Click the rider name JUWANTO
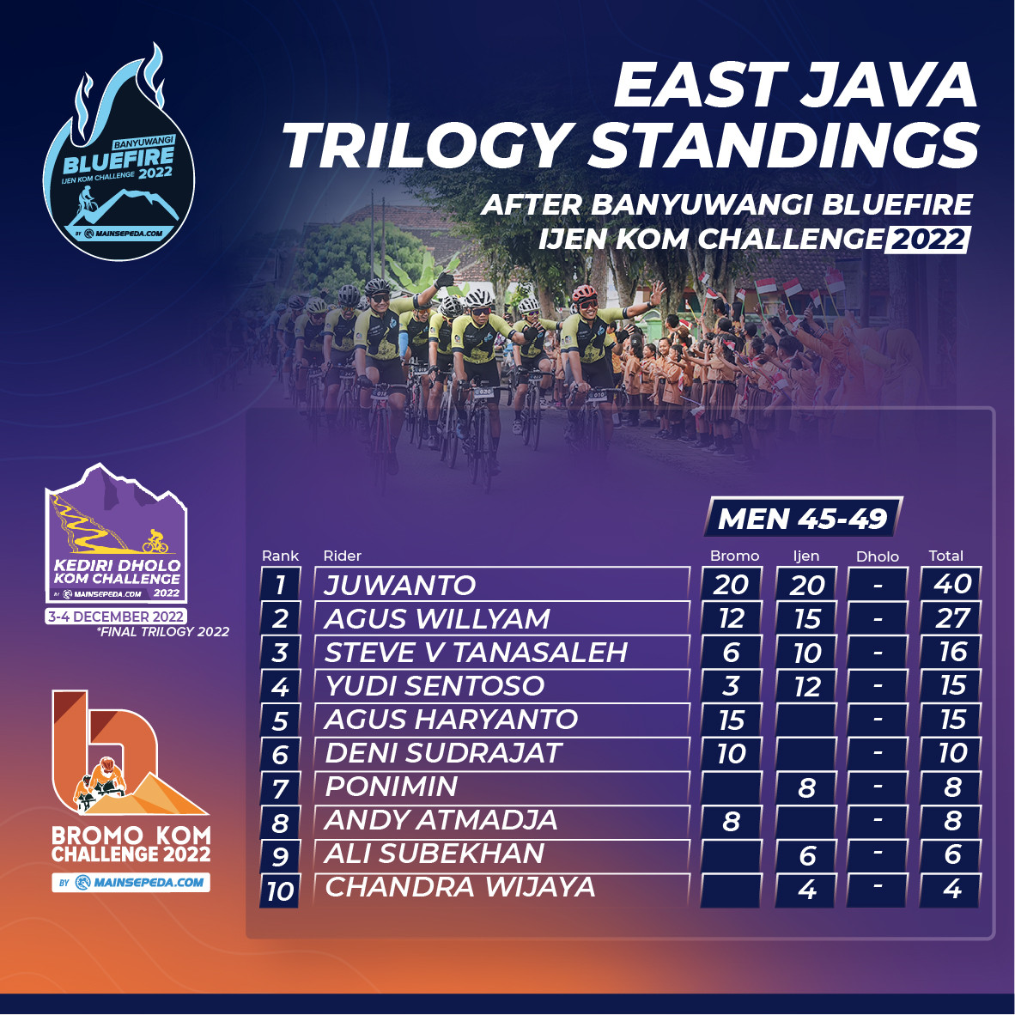click(x=399, y=585)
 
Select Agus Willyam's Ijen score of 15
click(x=806, y=619)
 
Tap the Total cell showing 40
click(x=951, y=584)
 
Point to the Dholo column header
click(x=877, y=556)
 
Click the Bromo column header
click(x=734, y=556)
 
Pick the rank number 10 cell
click(x=280, y=890)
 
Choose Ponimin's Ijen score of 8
click(x=806, y=787)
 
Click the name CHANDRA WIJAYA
click(x=459, y=887)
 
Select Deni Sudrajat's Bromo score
click(x=732, y=753)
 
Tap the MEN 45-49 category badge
click(x=803, y=518)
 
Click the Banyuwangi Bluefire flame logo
click(x=119, y=155)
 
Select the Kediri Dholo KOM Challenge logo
click(x=117, y=534)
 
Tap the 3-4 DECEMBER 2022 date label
click(x=116, y=617)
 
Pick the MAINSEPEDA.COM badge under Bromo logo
click(x=131, y=882)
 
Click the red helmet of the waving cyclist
click(x=583, y=293)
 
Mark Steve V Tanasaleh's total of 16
click(x=951, y=652)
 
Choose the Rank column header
click(x=280, y=556)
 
